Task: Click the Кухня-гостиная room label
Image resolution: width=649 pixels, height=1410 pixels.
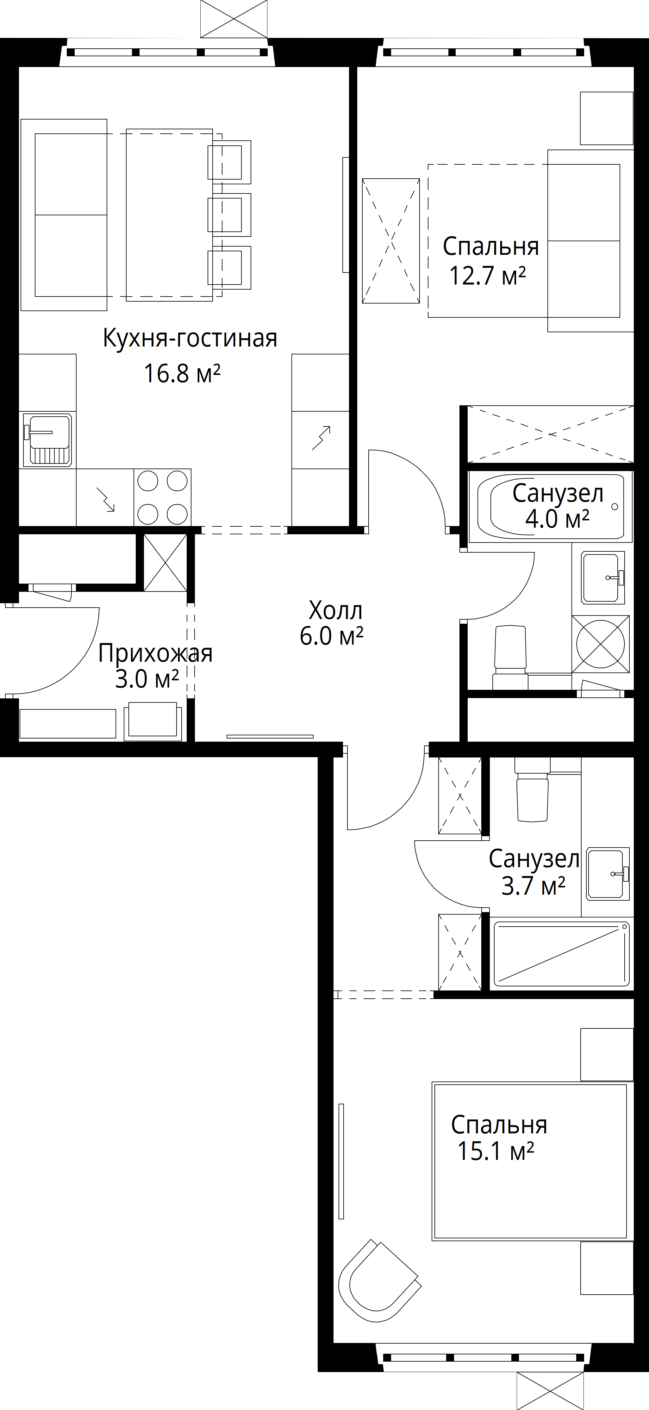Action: pyautogui.click(x=190, y=339)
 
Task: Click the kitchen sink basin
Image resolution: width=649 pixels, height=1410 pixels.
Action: pyautogui.click(x=48, y=439)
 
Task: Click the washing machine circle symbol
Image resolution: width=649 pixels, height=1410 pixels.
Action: pyautogui.click(x=600, y=644)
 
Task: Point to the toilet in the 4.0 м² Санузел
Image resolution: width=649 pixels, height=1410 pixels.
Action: pyautogui.click(x=510, y=657)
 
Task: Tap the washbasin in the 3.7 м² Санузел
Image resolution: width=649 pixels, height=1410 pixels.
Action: pyautogui.click(x=608, y=874)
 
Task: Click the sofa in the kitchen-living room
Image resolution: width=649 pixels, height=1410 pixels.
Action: pyautogui.click(x=64, y=215)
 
